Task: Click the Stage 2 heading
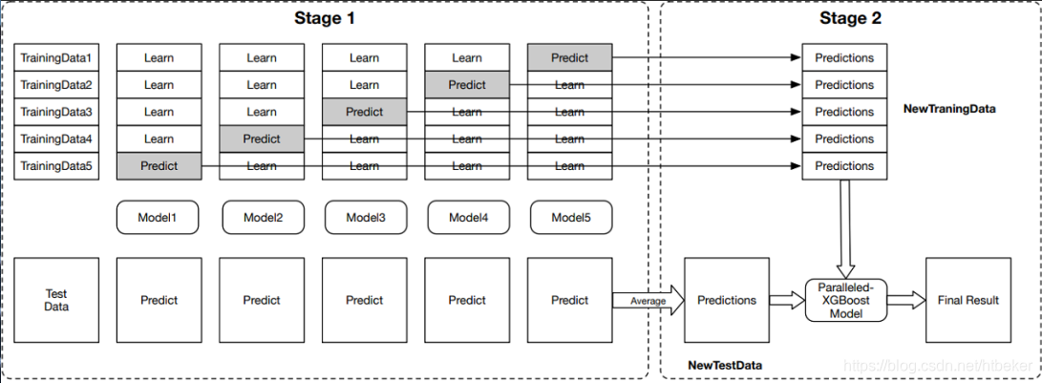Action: [x=850, y=18]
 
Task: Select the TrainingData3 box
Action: [x=56, y=112]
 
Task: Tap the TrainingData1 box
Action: [x=56, y=57]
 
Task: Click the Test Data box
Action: [x=56, y=300]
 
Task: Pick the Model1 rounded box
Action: [x=159, y=218]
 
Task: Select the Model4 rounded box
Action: [x=467, y=218]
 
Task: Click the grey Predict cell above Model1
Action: [x=159, y=166]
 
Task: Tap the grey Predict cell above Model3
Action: [x=364, y=112]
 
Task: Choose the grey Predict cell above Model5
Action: [x=569, y=57]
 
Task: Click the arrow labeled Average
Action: [x=649, y=301]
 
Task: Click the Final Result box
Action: [x=968, y=300]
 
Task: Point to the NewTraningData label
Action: [x=948, y=109]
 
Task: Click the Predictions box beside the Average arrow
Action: [x=726, y=300]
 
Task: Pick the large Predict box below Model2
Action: [x=262, y=300]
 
